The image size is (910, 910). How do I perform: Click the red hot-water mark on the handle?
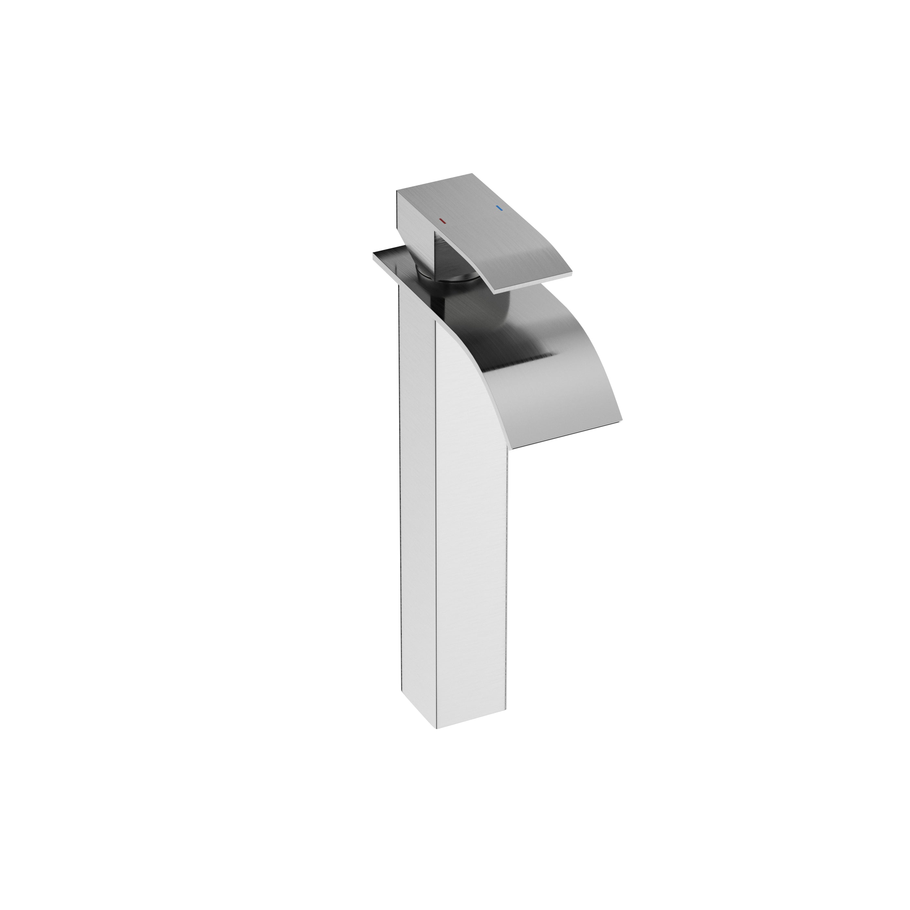point(441,220)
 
